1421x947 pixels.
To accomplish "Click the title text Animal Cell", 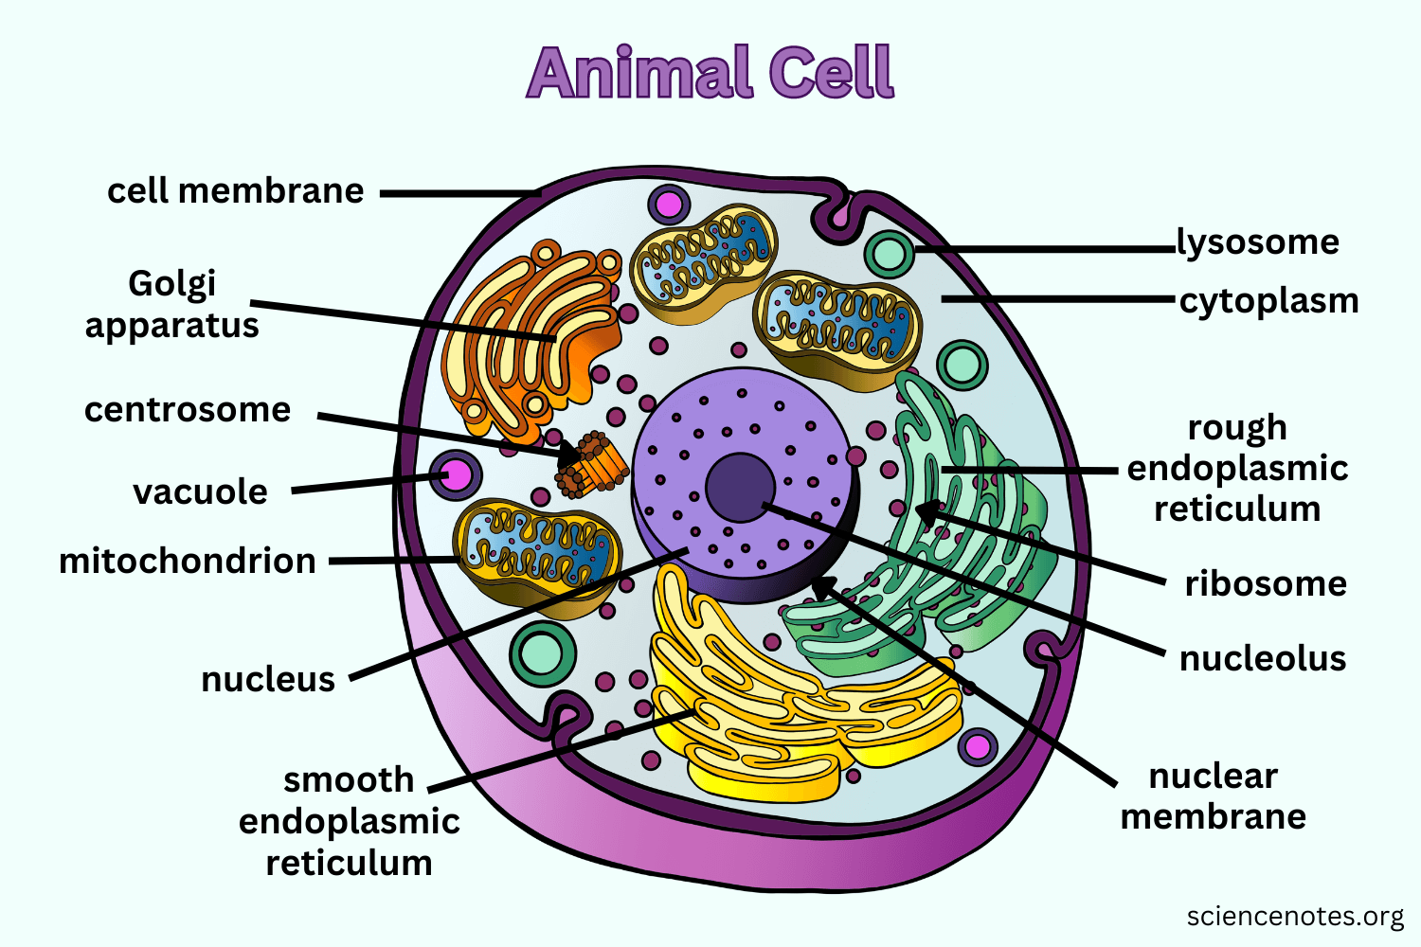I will click(710, 73).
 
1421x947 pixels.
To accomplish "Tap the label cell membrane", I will click(235, 191).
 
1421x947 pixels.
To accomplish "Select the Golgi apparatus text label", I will click(171, 304).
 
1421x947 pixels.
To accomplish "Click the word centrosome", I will click(188, 410).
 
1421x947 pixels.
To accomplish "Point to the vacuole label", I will click(200, 492).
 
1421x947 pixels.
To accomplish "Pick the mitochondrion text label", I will click(188, 561).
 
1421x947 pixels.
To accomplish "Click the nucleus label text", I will click(268, 679).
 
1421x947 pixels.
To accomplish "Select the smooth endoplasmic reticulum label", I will click(349, 821).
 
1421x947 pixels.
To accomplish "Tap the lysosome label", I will click(1258, 242).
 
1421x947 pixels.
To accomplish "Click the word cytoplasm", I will click(1268, 301).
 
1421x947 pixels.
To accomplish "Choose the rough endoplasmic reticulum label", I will click(1237, 468).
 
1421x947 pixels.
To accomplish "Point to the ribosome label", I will click(1266, 583).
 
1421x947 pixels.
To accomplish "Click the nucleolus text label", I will click(1263, 658).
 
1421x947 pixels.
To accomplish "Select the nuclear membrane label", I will click(1214, 795).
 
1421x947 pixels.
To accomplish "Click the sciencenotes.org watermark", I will click(1295, 917).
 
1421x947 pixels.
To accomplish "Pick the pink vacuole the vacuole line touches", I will click(457, 473).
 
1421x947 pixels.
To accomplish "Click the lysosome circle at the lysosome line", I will click(889, 253).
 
